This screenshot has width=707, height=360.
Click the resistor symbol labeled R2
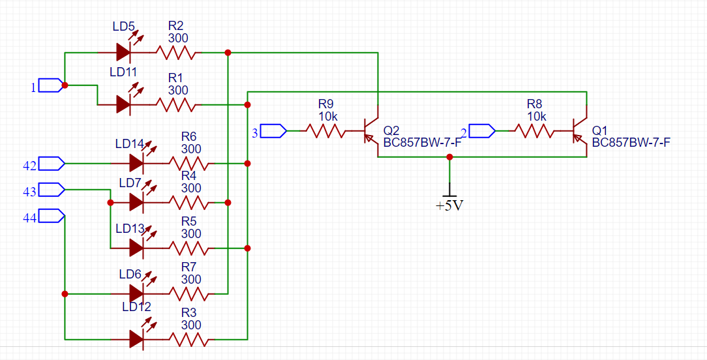tap(176, 52)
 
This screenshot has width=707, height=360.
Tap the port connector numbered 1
tap(50, 85)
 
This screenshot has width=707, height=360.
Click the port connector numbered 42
tap(52, 163)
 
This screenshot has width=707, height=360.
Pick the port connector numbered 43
tap(52, 190)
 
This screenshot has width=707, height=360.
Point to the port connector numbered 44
tap(52, 216)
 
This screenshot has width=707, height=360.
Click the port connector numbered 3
tap(274, 131)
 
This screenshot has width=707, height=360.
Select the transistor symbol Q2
tap(372, 131)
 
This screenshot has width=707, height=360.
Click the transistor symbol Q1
tap(580, 131)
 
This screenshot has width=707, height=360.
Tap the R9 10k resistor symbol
tap(325, 131)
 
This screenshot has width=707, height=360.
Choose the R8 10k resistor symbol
tap(534, 131)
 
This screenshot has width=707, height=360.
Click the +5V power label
tap(449, 206)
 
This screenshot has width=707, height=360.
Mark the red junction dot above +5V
tap(449, 157)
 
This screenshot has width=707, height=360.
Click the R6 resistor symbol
tap(188, 163)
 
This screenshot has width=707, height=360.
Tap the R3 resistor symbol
tap(188, 339)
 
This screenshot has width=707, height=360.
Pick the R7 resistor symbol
tap(188, 293)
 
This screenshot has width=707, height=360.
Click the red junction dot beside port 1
tap(65, 85)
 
